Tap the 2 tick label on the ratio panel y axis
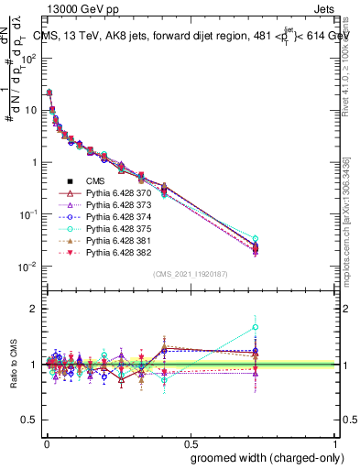point(32,309)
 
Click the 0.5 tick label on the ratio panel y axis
point(28,420)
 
